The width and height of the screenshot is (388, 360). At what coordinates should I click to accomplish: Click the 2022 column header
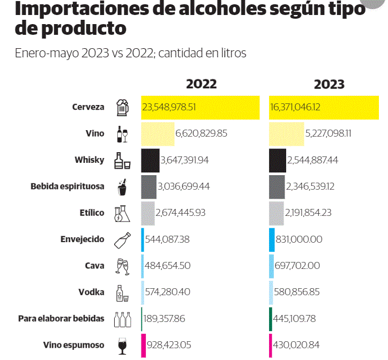(x=202, y=84)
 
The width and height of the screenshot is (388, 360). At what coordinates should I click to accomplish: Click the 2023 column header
(x=329, y=84)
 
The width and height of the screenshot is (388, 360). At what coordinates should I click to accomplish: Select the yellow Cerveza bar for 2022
(x=200, y=107)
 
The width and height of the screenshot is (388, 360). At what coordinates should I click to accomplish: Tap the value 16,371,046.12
(x=296, y=107)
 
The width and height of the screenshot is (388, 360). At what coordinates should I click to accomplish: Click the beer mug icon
(x=123, y=107)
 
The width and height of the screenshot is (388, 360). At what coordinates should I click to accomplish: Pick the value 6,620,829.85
(x=202, y=133)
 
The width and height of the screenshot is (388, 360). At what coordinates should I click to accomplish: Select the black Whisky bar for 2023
(x=277, y=160)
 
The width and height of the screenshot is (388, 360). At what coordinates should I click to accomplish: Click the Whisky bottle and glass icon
(x=122, y=160)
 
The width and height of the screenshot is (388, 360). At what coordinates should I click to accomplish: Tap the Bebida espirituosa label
(x=68, y=186)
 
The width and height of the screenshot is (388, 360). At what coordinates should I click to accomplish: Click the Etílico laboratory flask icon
(x=122, y=213)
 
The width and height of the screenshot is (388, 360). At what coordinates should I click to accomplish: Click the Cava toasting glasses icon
(x=122, y=266)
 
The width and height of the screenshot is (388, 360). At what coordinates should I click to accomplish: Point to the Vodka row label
(x=91, y=292)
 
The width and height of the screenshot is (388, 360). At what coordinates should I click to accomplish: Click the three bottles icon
(x=122, y=319)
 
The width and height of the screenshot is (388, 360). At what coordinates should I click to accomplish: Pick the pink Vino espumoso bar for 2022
(x=143, y=345)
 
